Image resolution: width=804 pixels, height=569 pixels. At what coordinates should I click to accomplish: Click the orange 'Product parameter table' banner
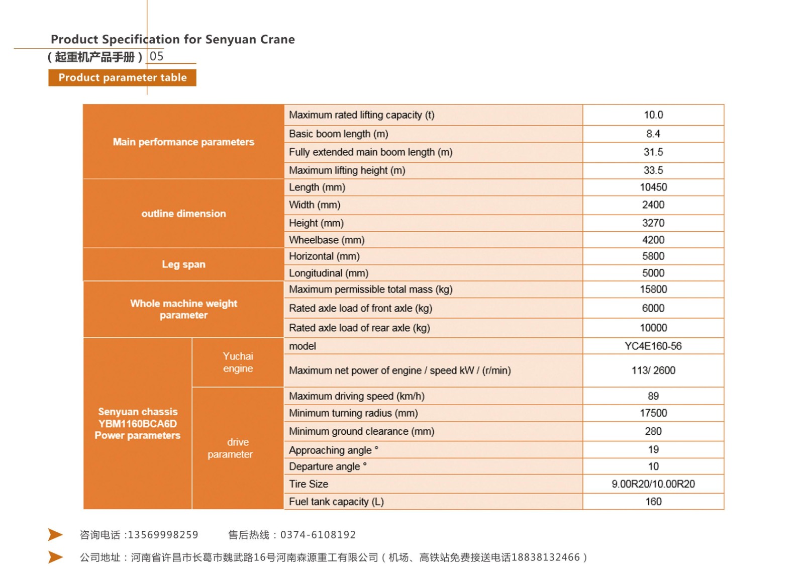[x=122, y=77]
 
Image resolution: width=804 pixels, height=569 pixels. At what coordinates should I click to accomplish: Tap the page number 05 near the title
[x=157, y=56]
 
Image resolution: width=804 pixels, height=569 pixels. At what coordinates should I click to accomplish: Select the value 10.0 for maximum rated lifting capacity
[x=653, y=115]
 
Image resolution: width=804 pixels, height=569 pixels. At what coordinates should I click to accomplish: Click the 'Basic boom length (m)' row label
[x=338, y=134]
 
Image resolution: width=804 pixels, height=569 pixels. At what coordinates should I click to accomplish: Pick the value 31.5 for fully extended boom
[x=653, y=152]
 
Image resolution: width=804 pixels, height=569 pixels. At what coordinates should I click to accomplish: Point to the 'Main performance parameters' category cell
[x=183, y=142]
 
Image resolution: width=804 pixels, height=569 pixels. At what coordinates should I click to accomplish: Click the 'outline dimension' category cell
[x=183, y=214]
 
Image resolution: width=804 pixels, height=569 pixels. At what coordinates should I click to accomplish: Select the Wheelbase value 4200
[x=653, y=240]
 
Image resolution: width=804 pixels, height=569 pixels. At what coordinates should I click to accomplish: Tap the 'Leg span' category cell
[x=183, y=264]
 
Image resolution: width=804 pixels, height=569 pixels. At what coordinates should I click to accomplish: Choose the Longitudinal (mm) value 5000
[x=653, y=273]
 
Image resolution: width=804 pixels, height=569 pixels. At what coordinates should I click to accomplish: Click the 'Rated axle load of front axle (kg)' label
[x=360, y=308]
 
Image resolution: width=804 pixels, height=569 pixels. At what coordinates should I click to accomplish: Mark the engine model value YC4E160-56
[x=653, y=346]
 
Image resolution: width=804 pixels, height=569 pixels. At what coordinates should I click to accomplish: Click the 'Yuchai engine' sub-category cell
[x=238, y=362]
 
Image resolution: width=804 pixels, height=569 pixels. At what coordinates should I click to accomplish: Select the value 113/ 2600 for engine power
[x=653, y=370]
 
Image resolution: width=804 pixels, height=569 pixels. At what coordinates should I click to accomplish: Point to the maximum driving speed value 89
[x=653, y=396]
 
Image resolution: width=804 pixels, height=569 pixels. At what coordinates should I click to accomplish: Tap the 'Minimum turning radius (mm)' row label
[x=353, y=413]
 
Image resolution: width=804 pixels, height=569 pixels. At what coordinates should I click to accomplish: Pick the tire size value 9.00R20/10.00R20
[x=653, y=484]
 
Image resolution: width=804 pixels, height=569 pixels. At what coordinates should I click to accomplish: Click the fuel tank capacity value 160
[x=653, y=502]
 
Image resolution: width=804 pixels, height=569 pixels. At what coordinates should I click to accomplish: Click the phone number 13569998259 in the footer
[x=163, y=535]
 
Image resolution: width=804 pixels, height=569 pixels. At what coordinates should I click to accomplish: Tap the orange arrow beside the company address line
[x=55, y=557]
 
